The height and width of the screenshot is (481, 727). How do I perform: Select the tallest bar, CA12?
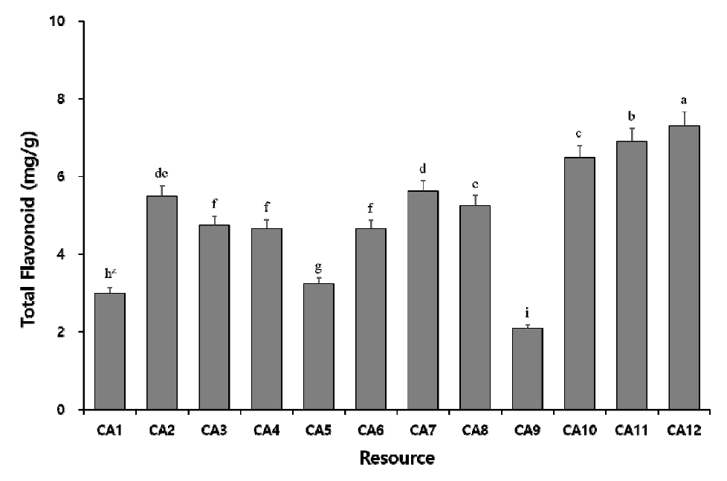pyautogui.click(x=683, y=268)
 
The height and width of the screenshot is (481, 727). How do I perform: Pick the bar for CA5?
pyautogui.click(x=318, y=346)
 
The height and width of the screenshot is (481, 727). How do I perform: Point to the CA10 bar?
pyautogui.click(x=579, y=283)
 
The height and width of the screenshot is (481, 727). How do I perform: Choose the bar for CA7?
pyautogui.click(x=422, y=300)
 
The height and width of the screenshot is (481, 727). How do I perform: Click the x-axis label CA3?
pyautogui.click(x=214, y=429)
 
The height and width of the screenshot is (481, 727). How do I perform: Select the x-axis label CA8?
pyautogui.click(x=475, y=429)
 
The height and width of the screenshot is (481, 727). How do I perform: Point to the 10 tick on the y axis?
pyautogui.click(x=67, y=22)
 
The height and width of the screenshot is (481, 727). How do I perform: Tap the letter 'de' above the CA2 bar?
pyautogui.click(x=162, y=172)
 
